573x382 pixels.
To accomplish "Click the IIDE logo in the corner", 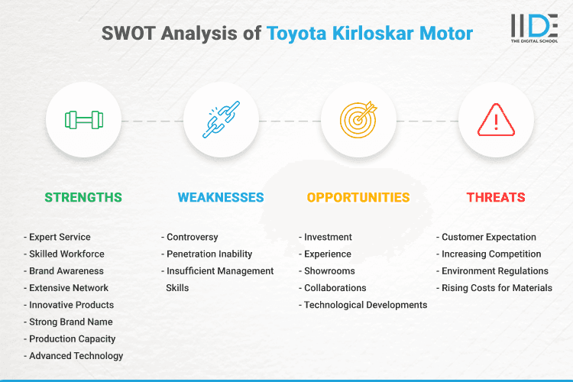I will (x=535, y=28).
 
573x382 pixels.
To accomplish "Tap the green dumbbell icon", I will (x=83, y=120).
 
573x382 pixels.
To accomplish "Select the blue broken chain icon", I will (x=221, y=120).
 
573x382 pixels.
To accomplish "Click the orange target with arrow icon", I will (x=358, y=120).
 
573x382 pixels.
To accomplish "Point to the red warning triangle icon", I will (x=496, y=120).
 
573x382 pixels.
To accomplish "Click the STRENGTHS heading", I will (x=83, y=197).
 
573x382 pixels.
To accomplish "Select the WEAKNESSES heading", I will (x=221, y=197).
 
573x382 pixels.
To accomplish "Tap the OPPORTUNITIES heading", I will (x=358, y=197).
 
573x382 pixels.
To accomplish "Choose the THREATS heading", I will (x=496, y=197).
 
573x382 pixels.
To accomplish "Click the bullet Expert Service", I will (x=60, y=237).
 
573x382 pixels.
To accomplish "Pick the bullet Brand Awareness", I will (x=66, y=270).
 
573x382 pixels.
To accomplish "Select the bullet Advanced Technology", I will (x=76, y=355).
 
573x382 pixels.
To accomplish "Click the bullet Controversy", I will (x=192, y=237).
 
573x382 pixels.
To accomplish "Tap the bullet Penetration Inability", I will (x=209, y=254).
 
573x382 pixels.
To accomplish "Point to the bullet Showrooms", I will (x=329, y=270).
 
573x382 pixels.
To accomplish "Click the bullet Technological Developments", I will (x=365, y=305).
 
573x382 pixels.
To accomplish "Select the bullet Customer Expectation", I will (x=488, y=237).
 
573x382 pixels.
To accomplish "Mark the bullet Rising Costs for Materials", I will (x=497, y=287).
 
